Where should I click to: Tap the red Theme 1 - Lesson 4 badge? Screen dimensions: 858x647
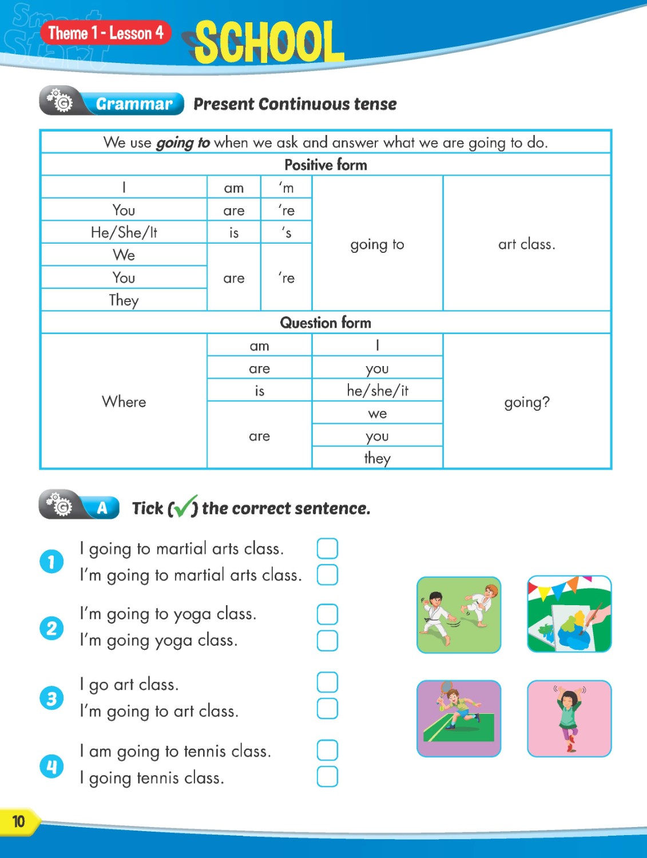click(x=106, y=33)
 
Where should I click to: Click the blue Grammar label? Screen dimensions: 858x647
click(x=134, y=104)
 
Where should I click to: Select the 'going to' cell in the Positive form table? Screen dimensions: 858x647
click(x=377, y=244)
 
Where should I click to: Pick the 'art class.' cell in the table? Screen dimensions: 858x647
click(x=526, y=244)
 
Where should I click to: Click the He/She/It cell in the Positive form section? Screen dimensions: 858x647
click(x=124, y=232)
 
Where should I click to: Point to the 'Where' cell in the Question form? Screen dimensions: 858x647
click(x=124, y=402)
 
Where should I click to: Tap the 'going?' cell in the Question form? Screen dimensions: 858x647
click(x=526, y=402)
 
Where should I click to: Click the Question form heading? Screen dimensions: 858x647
click(x=326, y=323)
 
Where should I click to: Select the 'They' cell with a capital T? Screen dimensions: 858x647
click(x=124, y=300)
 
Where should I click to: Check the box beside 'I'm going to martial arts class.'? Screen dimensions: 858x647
click(x=327, y=574)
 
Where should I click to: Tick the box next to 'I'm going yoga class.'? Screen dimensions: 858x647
click(x=327, y=641)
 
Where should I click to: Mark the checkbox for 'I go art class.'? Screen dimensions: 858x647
click(x=327, y=682)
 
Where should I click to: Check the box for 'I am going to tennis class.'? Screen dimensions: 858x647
click(x=327, y=750)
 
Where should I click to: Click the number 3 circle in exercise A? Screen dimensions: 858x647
click(x=51, y=698)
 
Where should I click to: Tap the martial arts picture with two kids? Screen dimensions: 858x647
click(x=459, y=615)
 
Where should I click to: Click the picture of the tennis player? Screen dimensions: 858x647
click(x=459, y=718)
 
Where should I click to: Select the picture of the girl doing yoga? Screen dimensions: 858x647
click(x=569, y=718)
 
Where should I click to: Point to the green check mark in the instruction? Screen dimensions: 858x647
click(x=185, y=506)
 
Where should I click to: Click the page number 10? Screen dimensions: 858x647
click(x=19, y=822)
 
